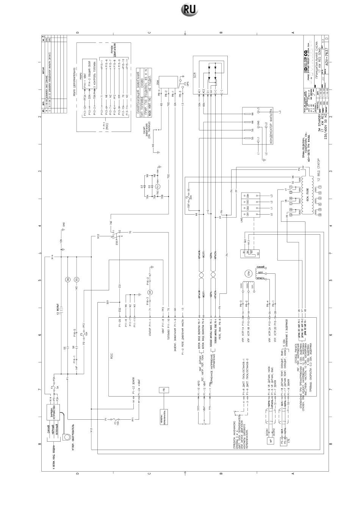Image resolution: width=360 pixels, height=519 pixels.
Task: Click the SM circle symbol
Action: point(67,279)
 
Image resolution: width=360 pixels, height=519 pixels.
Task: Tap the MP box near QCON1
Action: point(271,441)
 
